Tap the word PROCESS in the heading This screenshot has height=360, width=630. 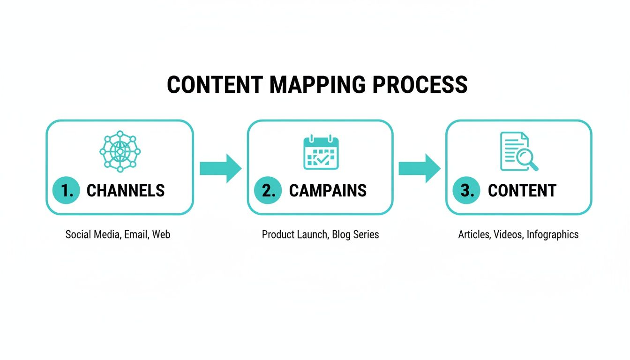(x=420, y=85)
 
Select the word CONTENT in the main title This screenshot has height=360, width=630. (x=215, y=85)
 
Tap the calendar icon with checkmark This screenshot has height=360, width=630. (x=321, y=152)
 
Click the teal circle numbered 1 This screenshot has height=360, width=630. (x=67, y=190)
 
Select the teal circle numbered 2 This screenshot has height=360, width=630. (x=268, y=190)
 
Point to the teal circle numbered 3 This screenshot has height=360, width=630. (x=466, y=190)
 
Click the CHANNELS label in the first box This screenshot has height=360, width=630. (x=126, y=190)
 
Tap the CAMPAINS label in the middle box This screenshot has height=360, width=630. (x=328, y=190)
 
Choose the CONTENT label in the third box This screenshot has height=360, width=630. (x=522, y=190)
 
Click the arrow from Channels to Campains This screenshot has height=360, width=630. (x=220, y=168)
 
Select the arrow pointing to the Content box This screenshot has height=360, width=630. (x=420, y=168)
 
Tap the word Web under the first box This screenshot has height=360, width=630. (x=161, y=234)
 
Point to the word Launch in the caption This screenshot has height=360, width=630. (x=313, y=234)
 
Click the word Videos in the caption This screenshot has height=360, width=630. (x=508, y=234)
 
